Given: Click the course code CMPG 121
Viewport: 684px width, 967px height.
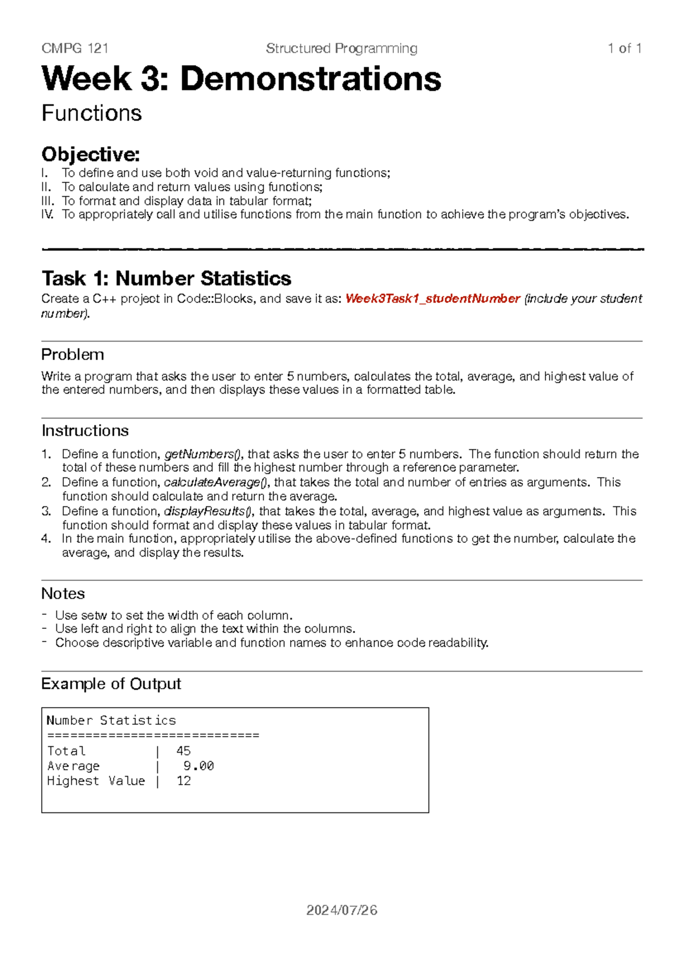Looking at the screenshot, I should click(75, 48).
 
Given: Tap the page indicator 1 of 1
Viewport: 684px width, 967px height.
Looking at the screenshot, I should click(625, 48).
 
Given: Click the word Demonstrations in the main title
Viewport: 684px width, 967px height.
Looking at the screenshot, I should click(311, 79).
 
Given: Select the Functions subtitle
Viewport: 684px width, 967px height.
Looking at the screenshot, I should click(92, 113).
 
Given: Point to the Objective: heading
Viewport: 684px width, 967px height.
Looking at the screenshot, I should click(91, 154).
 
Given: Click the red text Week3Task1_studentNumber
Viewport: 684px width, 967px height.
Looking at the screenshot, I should click(433, 299).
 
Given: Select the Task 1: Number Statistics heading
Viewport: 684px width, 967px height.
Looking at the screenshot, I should click(166, 278).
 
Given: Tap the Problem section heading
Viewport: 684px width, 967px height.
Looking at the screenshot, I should click(72, 355).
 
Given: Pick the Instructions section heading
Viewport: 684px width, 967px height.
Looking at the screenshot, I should click(85, 430).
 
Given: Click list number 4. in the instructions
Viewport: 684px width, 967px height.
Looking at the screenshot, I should click(46, 539).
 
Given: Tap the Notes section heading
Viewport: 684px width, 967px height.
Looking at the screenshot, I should click(63, 594).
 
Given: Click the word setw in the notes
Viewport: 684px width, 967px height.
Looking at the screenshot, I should click(94, 616).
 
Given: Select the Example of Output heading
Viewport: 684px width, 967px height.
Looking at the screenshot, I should click(111, 684).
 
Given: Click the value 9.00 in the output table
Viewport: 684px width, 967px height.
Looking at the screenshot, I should click(198, 766).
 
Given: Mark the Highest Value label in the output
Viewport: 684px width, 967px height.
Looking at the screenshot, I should click(96, 781).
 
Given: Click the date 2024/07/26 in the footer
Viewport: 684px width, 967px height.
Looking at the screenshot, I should click(341, 911).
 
